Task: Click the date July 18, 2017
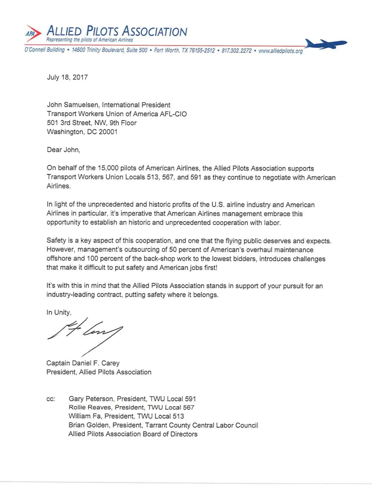67,77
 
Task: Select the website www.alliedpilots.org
280,51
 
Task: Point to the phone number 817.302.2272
236,51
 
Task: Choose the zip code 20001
108,132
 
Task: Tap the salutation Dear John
63,150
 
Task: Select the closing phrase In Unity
59,313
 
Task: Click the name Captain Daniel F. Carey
83,363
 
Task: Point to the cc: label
51,399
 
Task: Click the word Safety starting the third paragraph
56,241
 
